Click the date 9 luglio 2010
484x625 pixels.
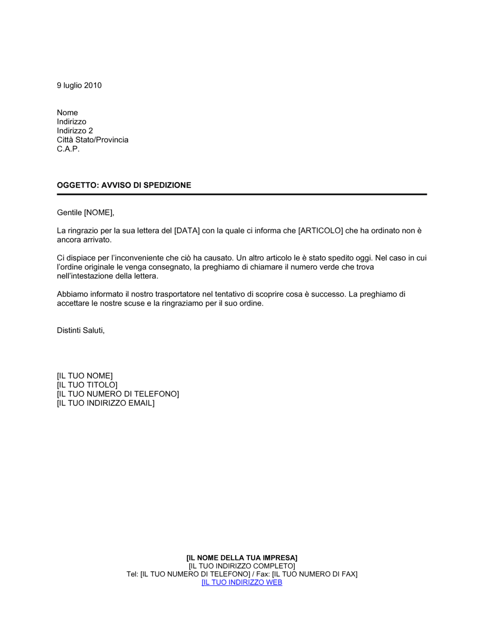coord(79,85)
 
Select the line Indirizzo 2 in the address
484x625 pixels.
coord(75,131)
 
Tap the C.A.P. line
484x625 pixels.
coord(68,149)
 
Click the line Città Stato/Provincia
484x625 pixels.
coord(92,140)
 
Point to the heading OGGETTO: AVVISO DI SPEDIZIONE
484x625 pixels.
coord(124,185)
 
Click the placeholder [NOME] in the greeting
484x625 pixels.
coord(98,213)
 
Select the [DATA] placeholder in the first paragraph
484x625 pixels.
coord(187,231)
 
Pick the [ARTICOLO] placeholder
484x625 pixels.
coord(320,231)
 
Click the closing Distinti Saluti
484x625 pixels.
coord(80,330)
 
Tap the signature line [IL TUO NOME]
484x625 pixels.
coord(85,376)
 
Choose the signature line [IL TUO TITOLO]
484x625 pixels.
coord(87,385)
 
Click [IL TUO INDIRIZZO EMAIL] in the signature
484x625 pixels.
coord(106,403)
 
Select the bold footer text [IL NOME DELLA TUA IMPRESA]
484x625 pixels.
coord(242,558)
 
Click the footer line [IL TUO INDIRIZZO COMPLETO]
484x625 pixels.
coord(242,566)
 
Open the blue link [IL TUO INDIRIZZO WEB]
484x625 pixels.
coord(242,582)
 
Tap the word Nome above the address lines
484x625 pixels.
coord(67,113)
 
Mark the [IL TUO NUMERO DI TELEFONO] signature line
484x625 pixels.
coord(118,394)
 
